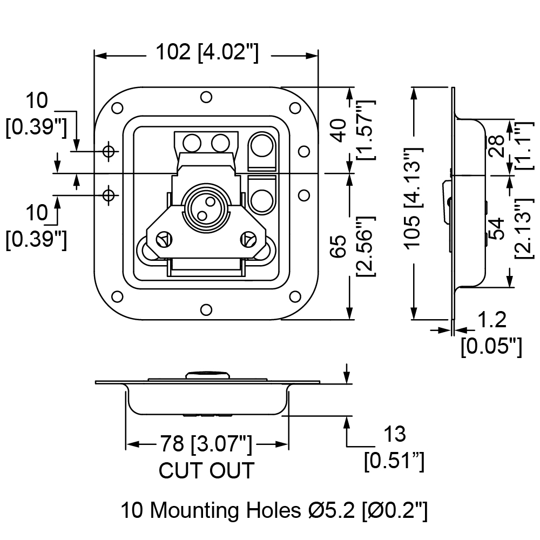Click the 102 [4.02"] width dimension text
(x=207, y=52)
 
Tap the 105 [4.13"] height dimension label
(x=413, y=198)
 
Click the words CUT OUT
(x=206, y=470)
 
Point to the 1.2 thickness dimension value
(x=492, y=320)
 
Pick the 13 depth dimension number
(x=395, y=434)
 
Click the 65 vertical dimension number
(x=340, y=246)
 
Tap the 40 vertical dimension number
(x=340, y=131)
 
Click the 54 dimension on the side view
(x=496, y=228)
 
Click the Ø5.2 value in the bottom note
(x=332, y=510)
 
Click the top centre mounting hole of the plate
(x=206, y=97)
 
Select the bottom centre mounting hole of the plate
(x=206, y=310)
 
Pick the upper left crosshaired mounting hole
(x=109, y=151)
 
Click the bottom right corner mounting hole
(x=295, y=296)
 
